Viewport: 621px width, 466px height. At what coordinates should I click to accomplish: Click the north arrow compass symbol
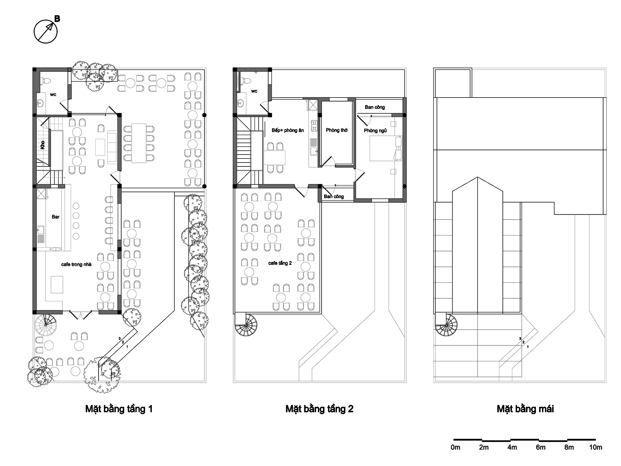tap(46, 31)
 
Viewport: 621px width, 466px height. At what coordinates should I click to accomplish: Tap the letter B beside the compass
tap(57, 19)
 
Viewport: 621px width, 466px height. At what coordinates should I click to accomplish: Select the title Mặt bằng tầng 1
tap(119, 409)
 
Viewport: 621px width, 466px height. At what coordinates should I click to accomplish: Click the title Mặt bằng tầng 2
tap(320, 409)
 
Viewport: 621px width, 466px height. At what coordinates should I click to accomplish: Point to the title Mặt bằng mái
tap(525, 409)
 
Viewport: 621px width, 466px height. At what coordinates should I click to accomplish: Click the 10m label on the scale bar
tap(596, 447)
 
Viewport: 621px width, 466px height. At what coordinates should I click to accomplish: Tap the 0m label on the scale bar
tap(456, 447)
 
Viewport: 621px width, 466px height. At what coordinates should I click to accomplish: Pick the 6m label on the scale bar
tap(541, 447)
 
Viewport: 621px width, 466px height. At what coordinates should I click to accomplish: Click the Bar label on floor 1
tap(56, 217)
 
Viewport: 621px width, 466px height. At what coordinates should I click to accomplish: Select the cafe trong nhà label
tap(76, 264)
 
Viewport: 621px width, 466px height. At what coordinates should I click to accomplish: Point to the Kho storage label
tap(43, 145)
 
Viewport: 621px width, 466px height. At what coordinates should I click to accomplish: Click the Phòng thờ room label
tap(337, 130)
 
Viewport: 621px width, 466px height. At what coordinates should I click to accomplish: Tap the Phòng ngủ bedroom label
tap(375, 130)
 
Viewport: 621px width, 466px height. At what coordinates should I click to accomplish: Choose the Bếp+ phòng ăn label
tap(288, 130)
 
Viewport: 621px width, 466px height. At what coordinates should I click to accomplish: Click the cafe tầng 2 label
tap(280, 263)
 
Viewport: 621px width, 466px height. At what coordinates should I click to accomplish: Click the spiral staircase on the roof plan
tap(446, 325)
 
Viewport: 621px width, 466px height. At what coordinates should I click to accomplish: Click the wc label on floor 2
tap(254, 91)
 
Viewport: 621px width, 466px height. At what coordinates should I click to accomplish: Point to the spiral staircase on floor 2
tap(246, 325)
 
